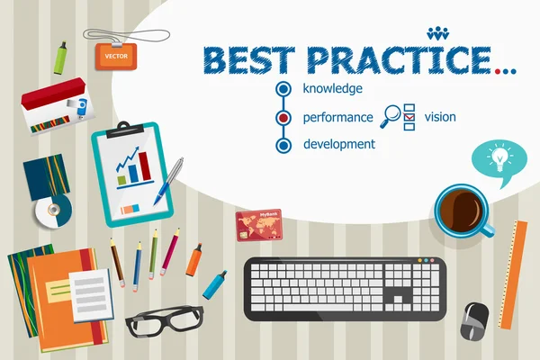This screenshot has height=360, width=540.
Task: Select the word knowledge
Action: point(333,88)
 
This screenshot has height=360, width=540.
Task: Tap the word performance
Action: point(337,117)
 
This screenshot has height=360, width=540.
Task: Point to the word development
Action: point(339,144)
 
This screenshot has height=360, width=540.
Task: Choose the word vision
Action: point(440,117)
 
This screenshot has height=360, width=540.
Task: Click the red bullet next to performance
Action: point(284,117)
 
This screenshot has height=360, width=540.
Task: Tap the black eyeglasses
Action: point(164,319)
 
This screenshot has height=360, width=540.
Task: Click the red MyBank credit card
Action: point(259,224)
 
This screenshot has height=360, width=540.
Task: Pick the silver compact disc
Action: point(52,211)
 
